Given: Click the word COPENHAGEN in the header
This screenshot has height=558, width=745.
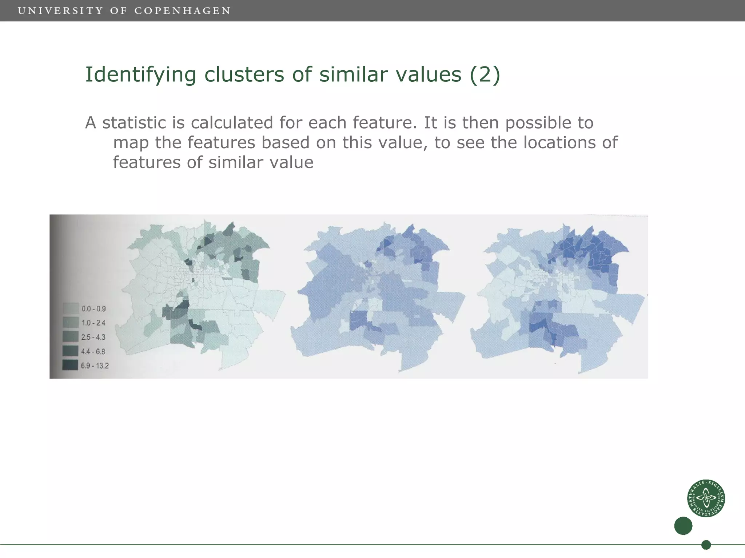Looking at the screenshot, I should point(183,11).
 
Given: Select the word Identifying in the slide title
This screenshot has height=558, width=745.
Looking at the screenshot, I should point(140,75).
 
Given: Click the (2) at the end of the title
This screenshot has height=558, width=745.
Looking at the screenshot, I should point(485,75).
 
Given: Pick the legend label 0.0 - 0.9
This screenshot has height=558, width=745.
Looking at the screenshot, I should point(93,309).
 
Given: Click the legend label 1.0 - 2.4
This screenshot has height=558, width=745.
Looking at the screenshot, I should point(93,323).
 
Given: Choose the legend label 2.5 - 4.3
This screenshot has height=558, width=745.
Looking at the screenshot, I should point(93,337).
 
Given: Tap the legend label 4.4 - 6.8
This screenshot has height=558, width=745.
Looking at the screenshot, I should point(93,351).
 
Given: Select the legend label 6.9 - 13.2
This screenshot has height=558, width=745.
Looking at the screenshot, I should point(95,365).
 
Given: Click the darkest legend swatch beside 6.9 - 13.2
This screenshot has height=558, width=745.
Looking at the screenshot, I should point(70,365).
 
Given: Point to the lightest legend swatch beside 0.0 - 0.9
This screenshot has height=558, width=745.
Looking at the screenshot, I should point(71,308).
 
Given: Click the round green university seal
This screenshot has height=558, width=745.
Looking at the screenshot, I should point(706,498).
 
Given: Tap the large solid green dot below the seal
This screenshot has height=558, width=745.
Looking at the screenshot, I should point(683,526).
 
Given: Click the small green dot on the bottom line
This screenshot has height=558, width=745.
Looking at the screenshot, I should point(706,545).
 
